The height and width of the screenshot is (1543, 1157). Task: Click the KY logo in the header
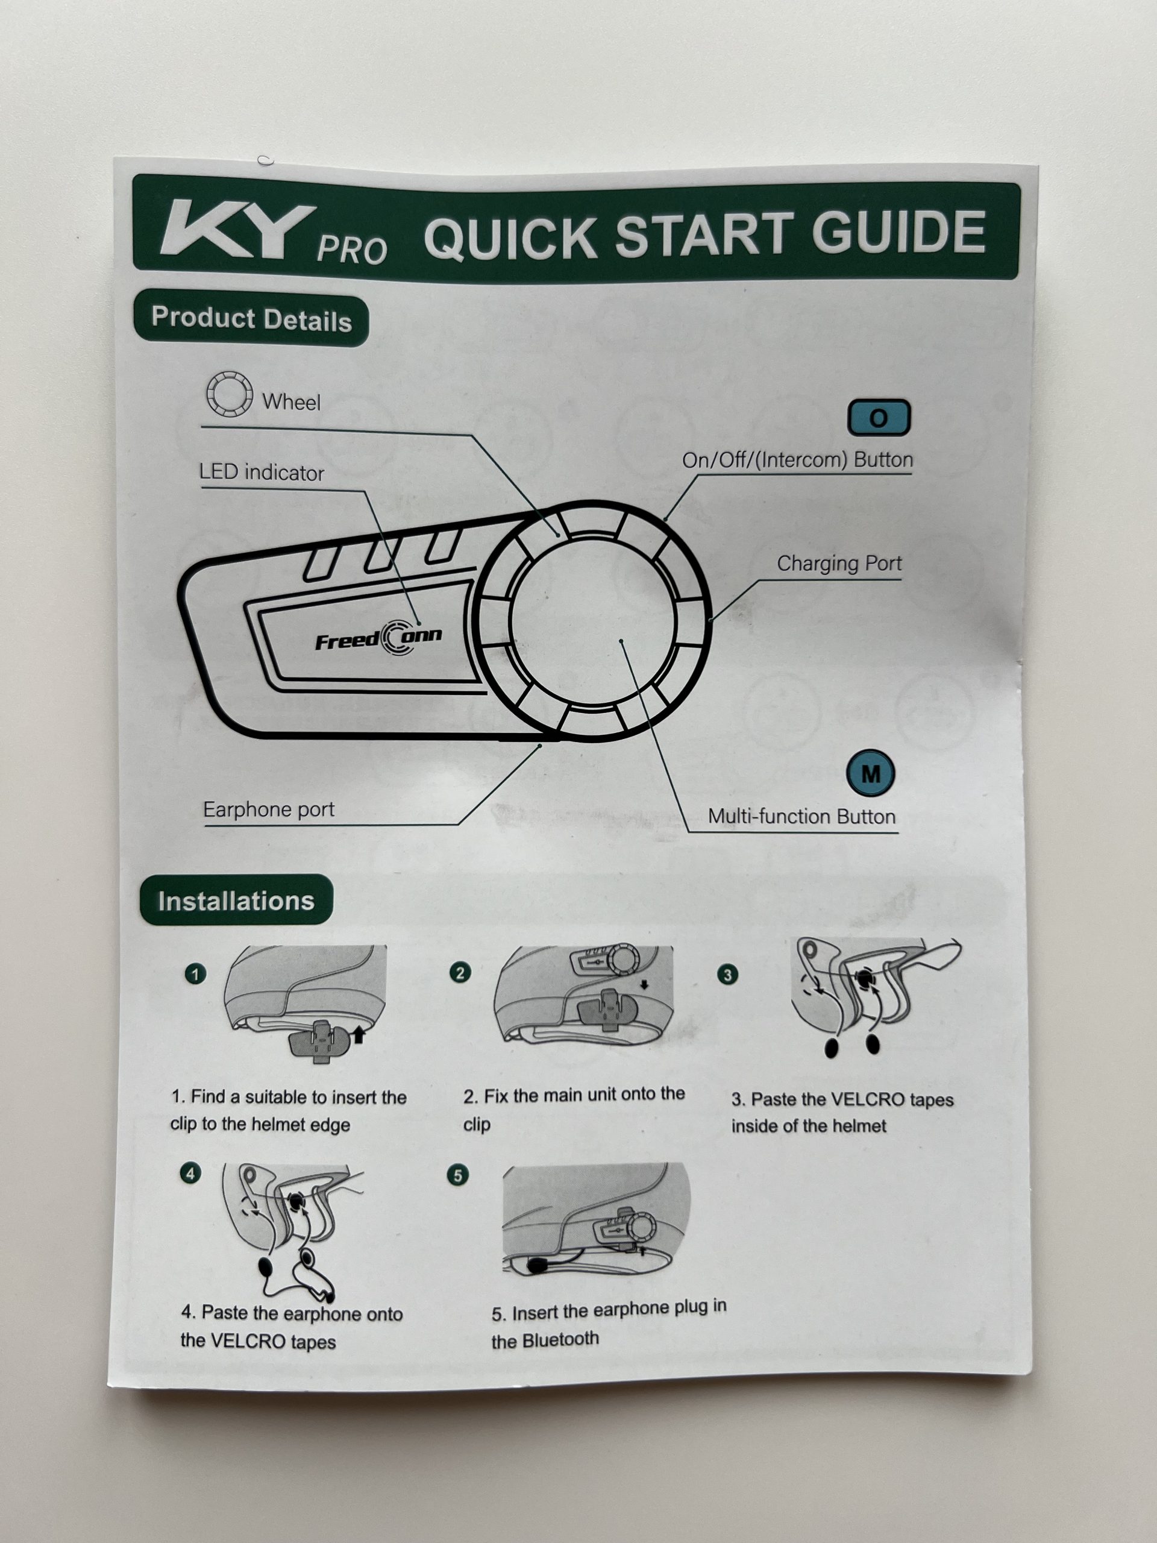click(237, 231)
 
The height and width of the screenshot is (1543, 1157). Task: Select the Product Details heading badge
click(251, 320)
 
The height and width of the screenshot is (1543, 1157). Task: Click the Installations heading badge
click(236, 900)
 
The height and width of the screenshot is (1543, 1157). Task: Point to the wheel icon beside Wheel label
click(229, 394)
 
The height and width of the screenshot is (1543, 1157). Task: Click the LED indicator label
click(262, 473)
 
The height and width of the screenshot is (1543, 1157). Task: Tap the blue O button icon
click(879, 418)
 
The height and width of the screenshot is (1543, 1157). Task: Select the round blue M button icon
click(870, 773)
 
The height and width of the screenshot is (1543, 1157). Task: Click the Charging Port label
click(839, 563)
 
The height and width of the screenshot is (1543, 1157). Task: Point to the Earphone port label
click(269, 809)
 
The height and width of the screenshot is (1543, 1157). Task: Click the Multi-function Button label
click(802, 816)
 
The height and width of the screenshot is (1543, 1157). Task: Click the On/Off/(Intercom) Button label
click(797, 460)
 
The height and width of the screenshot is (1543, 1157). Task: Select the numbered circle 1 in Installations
click(195, 974)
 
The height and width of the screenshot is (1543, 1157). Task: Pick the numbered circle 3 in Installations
click(727, 975)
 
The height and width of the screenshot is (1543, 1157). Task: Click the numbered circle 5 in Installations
click(457, 1175)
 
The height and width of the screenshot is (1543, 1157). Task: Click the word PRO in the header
click(352, 250)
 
